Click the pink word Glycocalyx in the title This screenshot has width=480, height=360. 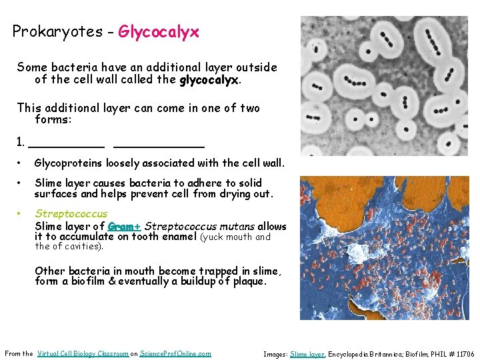point(159,31)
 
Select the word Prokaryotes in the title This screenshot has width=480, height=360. point(55,31)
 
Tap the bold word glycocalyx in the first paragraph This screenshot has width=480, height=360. point(209,80)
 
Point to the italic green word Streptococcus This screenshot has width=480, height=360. point(71,214)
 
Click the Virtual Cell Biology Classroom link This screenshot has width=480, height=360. point(83,353)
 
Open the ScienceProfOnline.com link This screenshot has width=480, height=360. point(175,353)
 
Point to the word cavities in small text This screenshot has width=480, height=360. point(85,247)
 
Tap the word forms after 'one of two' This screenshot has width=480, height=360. point(51,120)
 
